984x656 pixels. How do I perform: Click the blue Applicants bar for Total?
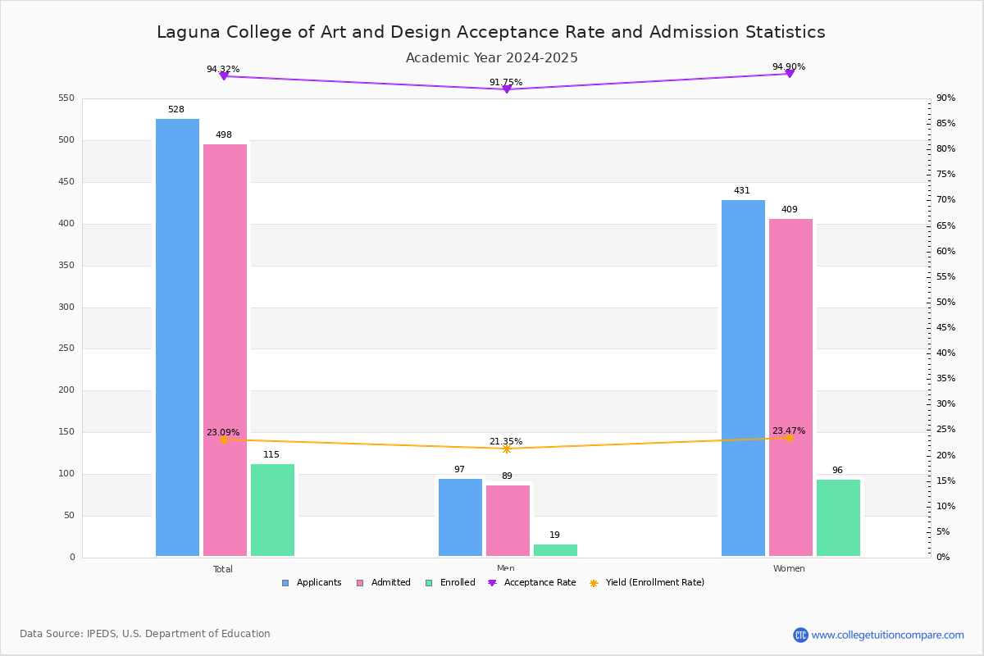coord(177,337)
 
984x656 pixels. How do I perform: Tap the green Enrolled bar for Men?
coord(555,550)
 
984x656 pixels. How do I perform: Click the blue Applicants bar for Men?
coord(460,517)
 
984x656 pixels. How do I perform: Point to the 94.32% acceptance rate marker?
coord(224,76)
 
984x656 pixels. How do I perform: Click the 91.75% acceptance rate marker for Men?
coord(506,89)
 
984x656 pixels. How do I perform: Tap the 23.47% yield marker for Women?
coord(789,438)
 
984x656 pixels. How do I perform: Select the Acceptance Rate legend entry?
coord(532,583)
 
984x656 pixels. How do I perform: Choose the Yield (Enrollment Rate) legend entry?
coord(647,583)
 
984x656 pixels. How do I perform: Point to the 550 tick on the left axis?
coord(66,98)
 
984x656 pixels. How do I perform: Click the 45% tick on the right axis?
coord(945,328)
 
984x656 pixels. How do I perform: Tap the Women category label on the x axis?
coord(789,569)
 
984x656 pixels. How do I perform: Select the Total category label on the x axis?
coord(223,569)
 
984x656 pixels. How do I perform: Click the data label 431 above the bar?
coord(741,191)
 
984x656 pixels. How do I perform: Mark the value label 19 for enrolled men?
coord(554,535)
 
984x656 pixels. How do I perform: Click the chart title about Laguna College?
coord(491,32)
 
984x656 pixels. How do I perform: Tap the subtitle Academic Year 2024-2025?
coord(491,58)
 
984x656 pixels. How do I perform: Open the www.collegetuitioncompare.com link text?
coord(887,635)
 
